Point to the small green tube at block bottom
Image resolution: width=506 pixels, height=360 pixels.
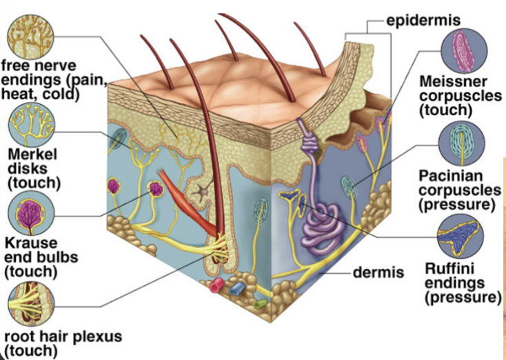point(261,302)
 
